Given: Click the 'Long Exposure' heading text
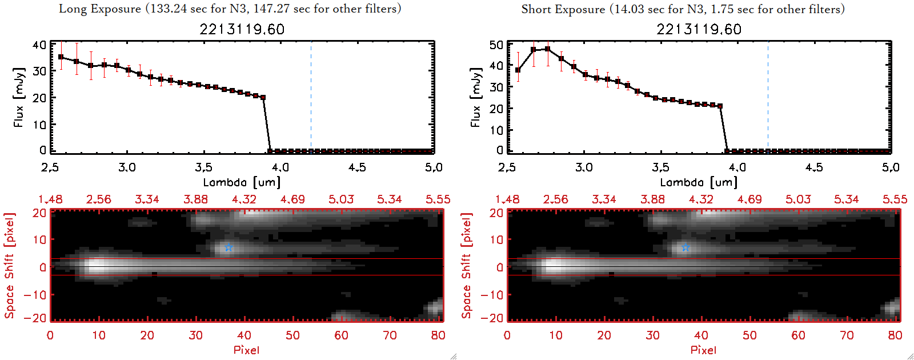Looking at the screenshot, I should coord(100,9).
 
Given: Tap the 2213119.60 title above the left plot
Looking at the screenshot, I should coord(242,29).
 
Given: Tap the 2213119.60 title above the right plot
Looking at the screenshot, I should coord(699,29).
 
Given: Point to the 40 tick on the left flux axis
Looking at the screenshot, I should coord(39,45).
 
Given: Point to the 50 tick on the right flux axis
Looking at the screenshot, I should coord(496,45).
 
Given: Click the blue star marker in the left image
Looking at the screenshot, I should coord(228,247).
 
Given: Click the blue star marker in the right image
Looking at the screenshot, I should coord(685,247).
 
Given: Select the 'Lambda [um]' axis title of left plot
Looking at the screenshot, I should coord(242,182).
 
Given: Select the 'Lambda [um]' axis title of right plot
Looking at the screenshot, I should coord(699,182).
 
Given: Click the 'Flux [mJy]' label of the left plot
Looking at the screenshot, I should coord(19,98).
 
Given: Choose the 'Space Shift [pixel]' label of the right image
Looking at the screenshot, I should coord(466,265).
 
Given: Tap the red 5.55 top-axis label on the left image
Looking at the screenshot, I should coord(438,199).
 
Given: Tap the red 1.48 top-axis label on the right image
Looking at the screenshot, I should coord(507,199).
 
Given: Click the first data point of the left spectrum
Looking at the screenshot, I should coord(61,57).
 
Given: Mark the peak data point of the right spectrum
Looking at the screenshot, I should coord(547,49).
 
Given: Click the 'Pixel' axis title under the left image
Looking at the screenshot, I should coord(246,350).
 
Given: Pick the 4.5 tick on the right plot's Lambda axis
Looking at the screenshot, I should coord(813,167).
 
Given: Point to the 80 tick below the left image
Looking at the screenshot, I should coord(438,335).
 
